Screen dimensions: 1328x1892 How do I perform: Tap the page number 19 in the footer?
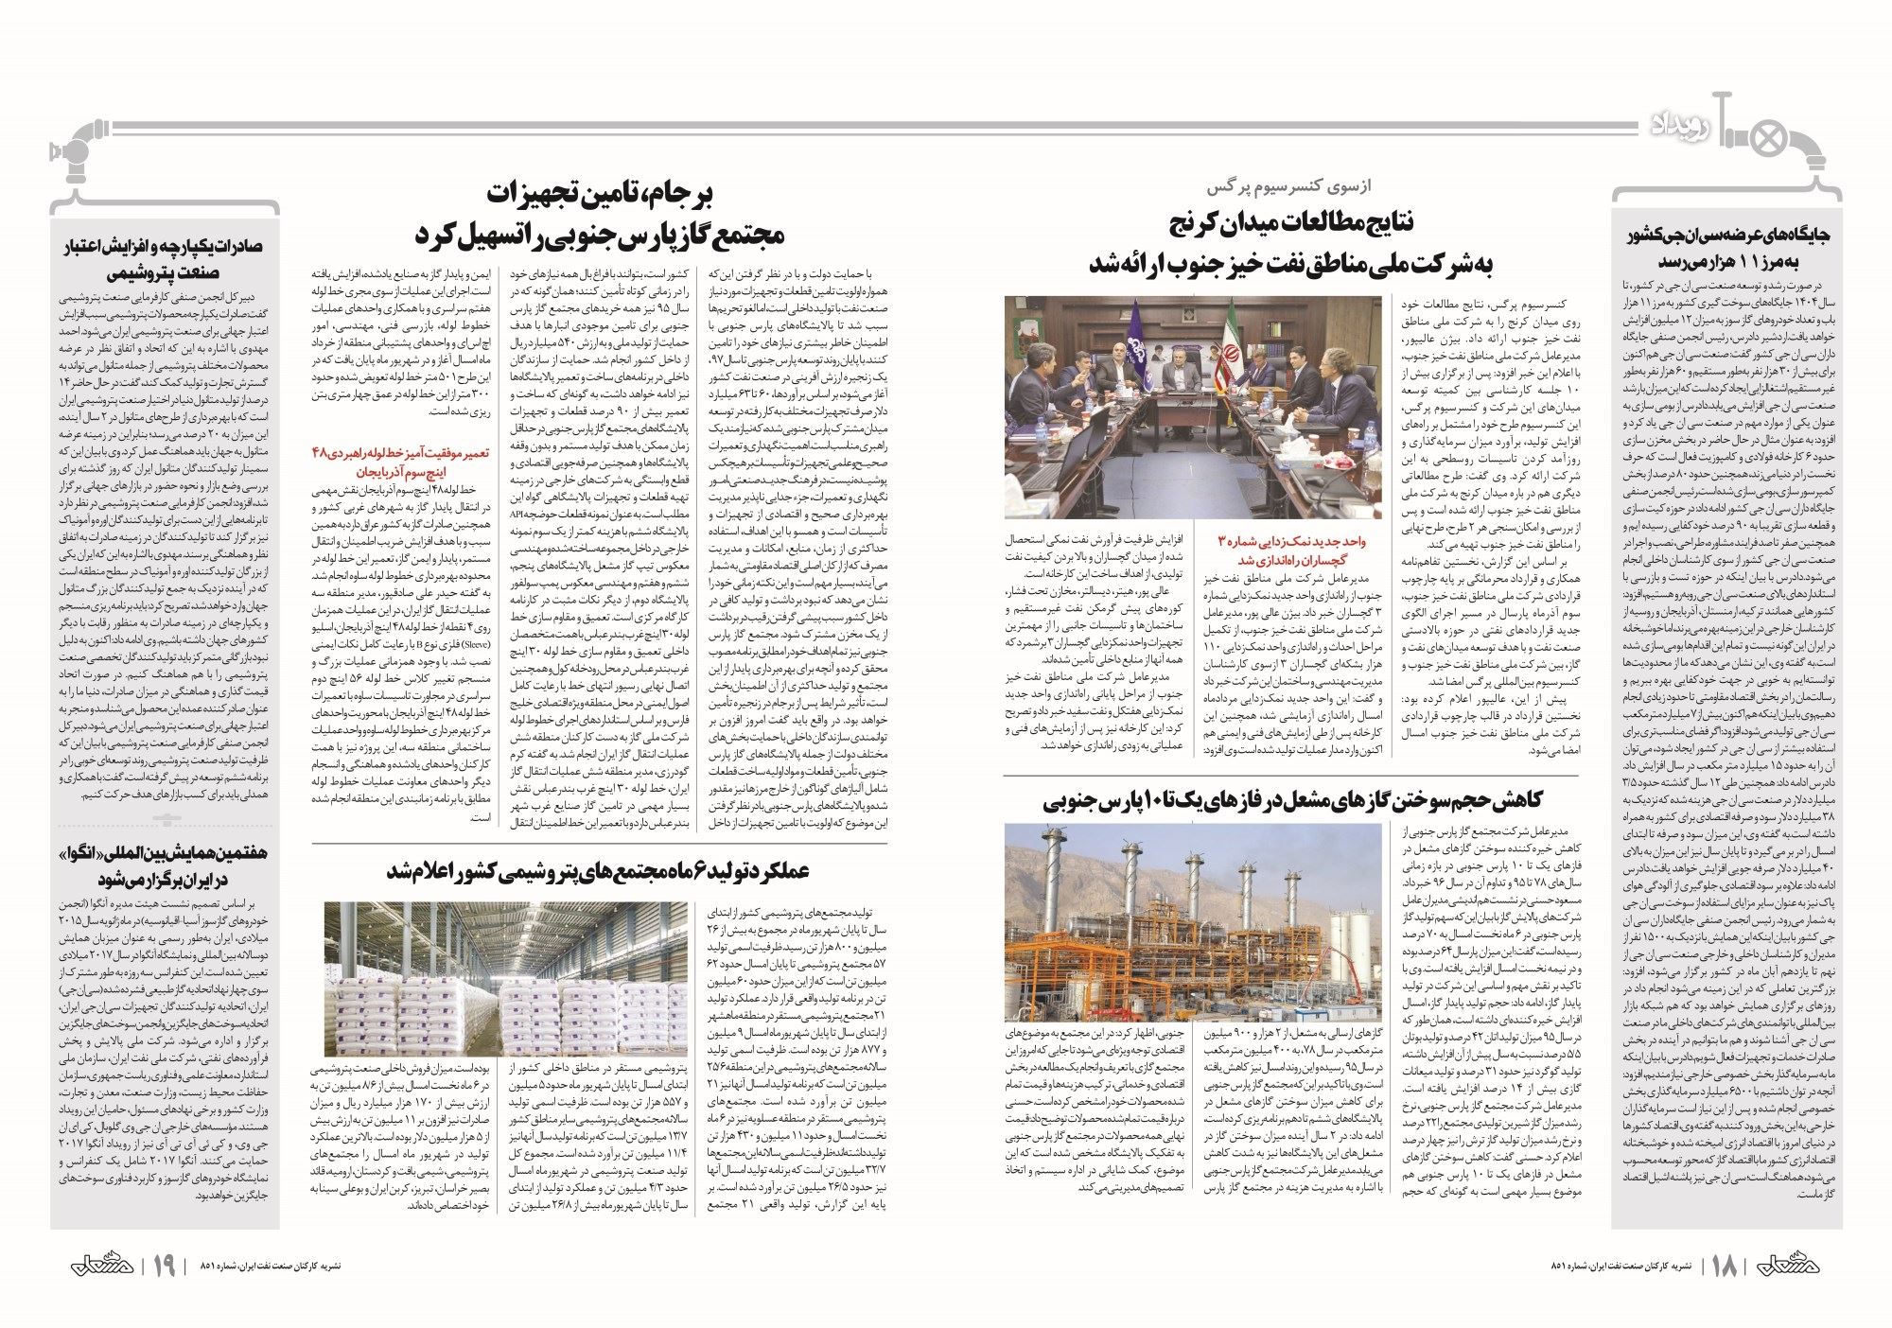pos(164,1266)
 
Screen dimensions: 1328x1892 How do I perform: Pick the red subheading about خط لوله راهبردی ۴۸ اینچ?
pos(400,462)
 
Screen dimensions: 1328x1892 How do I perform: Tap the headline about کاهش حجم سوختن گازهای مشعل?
pos(1291,800)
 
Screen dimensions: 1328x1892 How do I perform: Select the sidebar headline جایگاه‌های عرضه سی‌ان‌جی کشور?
pos(1726,248)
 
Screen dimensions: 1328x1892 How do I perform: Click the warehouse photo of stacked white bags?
pos(506,979)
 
